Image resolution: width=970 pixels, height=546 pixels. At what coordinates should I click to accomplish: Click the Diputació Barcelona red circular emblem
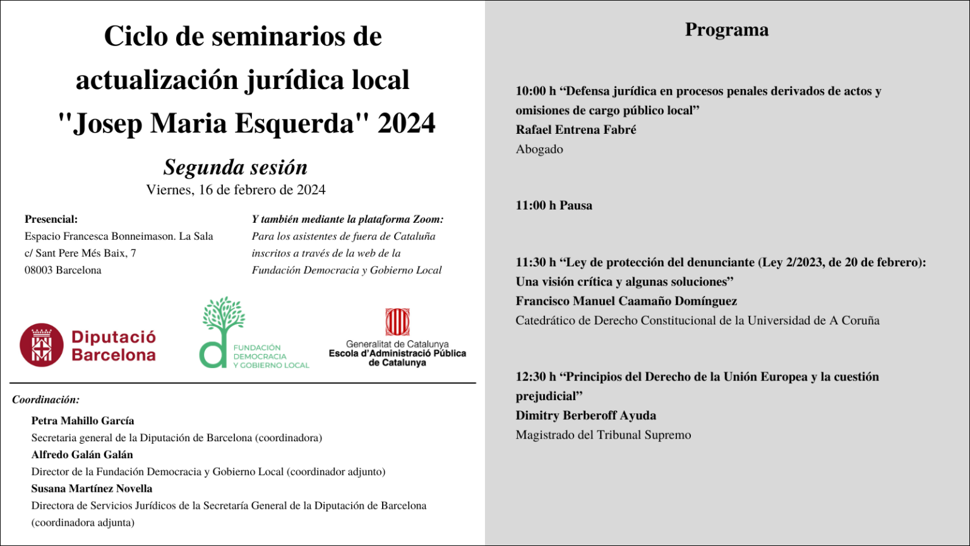[42, 345]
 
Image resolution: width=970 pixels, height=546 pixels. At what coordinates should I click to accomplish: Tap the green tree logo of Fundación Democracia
[222, 331]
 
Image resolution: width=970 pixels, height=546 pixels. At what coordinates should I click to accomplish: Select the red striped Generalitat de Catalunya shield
[397, 322]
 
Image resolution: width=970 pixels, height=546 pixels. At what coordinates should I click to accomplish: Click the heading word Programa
[727, 30]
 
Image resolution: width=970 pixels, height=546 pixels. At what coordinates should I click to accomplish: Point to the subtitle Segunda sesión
[236, 167]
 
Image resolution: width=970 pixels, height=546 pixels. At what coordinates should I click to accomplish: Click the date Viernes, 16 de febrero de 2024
[236, 190]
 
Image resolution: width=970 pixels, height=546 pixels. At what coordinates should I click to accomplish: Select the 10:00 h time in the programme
[535, 91]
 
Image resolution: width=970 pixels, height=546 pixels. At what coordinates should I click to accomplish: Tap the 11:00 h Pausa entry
[554, 205]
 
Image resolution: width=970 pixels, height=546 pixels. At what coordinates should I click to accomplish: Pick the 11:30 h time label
[535, 262]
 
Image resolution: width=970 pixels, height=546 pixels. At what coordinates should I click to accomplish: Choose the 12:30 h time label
[535, 377]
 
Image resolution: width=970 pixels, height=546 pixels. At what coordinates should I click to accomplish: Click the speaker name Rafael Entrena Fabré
[575, 129]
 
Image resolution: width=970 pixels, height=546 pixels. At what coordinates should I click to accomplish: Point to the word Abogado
[539, 150]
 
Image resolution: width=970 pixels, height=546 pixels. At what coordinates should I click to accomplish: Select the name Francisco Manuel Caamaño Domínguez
[626, 301]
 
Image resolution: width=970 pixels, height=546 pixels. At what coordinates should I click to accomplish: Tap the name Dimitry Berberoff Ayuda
[585, 415]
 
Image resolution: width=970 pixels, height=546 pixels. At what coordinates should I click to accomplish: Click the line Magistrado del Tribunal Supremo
[603, 435]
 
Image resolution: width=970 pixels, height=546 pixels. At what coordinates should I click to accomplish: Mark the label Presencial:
[51, 220]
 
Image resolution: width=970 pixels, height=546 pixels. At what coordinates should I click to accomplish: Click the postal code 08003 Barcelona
[63, 270]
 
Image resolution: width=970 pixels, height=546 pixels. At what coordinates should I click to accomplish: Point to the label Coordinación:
[45, 400]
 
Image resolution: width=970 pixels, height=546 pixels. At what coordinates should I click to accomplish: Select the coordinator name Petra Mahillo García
[83, 421]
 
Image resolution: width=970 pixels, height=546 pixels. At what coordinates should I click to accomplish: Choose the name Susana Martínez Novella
[92, 489]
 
